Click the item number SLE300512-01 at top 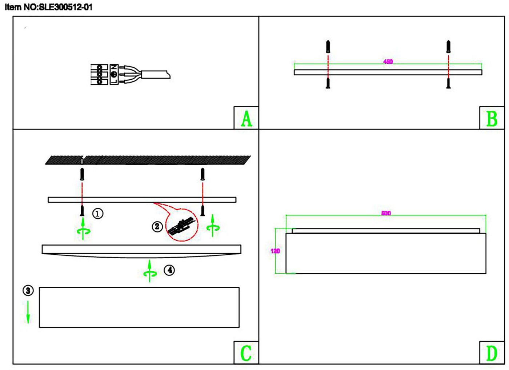tap(66, 7)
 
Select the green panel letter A tap(247, 119)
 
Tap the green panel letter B tap(492, 119)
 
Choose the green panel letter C tap(246, 353)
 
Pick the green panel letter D tap(492, 353)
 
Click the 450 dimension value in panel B tap(388, 61)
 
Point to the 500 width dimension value tap(386, 213)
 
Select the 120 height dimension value tap(275, 251)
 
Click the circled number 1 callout tap(98, 214)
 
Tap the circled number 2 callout tap(157, 227)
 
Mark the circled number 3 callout tap(28, 290)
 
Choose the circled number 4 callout tap(169, 270)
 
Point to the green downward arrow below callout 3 tap(28, 312)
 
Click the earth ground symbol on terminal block tap(114, 74)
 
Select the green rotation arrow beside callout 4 tap(150, 271)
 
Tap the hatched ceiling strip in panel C tap(148, 160)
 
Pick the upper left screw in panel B tap(328, 47)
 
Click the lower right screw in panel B tap(448, 83)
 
